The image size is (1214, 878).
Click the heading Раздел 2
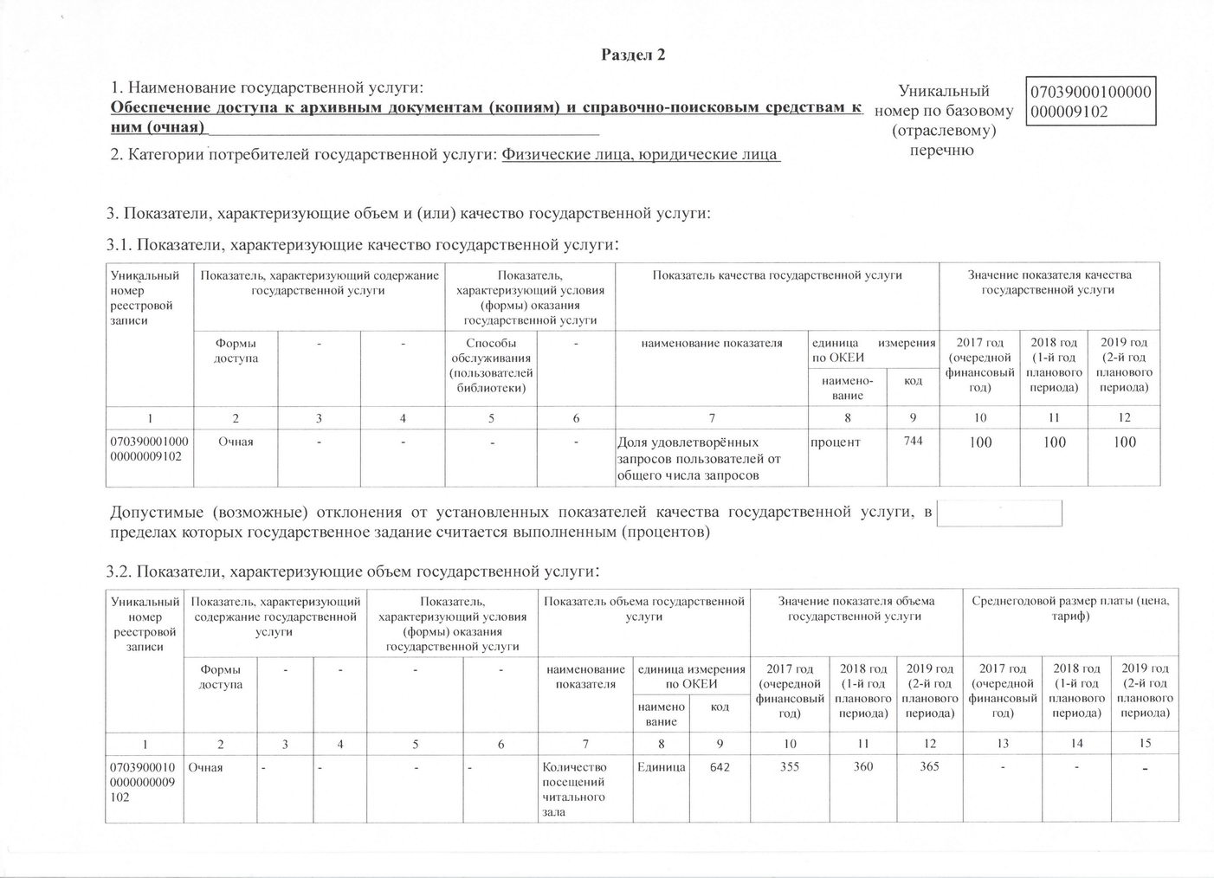tap(633, 55)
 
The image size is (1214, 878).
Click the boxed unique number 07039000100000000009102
tap(1090, 101)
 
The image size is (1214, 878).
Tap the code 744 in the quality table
tap(913, 442)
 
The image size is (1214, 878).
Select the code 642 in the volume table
tap(719, 767)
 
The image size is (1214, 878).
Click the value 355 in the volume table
tap(790, 766)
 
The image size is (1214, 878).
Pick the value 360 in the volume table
tap(862, 766)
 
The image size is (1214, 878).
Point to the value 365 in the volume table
tap(929, 766)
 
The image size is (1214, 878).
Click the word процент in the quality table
tap(836, 442)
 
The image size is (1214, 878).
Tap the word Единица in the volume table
tap(662, 767)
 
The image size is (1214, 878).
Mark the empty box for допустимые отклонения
tap(1000, 513)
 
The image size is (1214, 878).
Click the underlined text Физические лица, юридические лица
tap(641, 155)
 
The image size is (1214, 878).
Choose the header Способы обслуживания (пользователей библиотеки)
tap(491, 365)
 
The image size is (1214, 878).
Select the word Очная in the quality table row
tap(236, 442)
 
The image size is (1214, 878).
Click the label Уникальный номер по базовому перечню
tap(943, 120)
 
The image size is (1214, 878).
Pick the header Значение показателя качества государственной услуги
tap(1049, 282)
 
